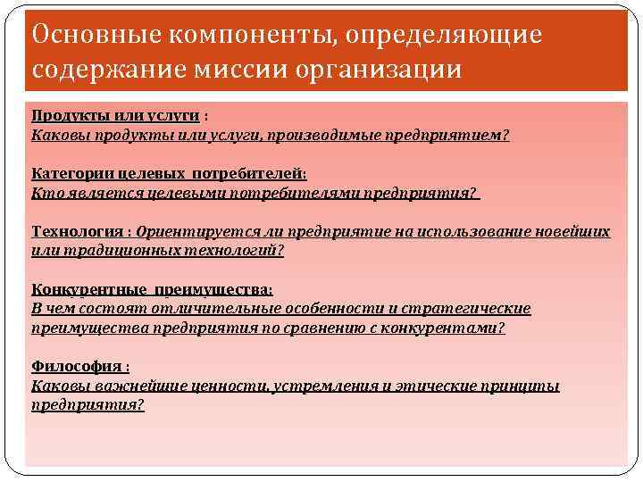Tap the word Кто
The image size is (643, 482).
pos(43,193)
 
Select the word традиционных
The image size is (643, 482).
pos(104,251)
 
